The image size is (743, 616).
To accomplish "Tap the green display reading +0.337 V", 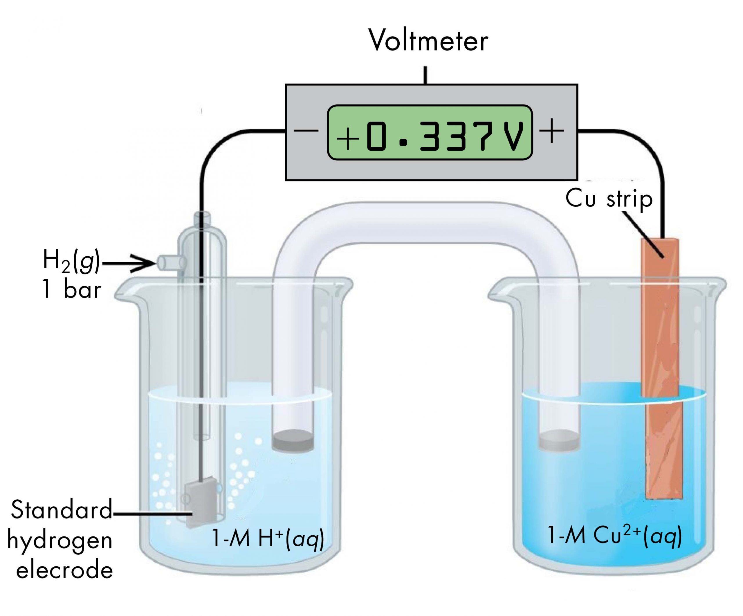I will click(430, 132).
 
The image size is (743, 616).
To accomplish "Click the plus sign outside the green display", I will click(551, 131).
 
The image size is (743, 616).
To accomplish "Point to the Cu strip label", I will click(609, 199).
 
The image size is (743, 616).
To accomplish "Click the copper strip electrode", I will click(660, 354).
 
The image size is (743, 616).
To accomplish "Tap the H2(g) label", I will click(71, 261).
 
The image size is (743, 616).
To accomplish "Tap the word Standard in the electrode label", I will click(61, 510).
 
